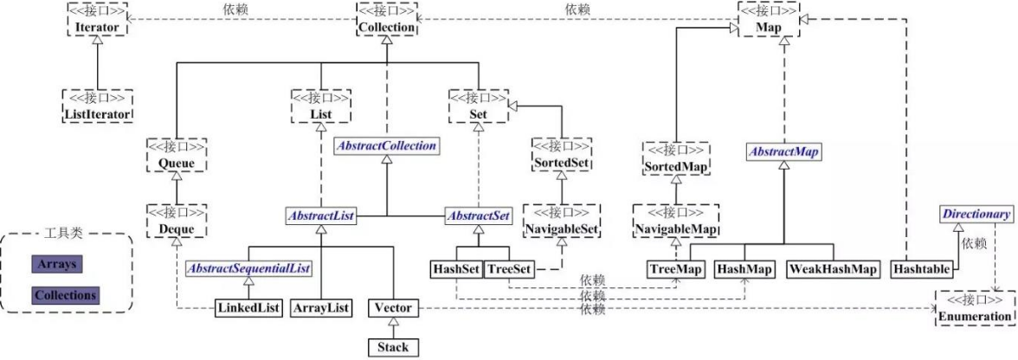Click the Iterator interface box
point(96,19)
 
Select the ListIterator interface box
point(97,106)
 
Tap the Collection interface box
point(386,19)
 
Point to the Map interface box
point(768,19)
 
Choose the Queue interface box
point(177,156)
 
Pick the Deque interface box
point(177,221)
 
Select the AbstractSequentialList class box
point(249,268)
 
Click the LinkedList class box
point(248,308)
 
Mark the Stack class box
point(393,347)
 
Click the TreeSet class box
point(508,268)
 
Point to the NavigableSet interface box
point(563,221)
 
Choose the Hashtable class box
point(921,268)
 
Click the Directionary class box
point(976,215)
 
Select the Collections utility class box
point(66,295)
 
